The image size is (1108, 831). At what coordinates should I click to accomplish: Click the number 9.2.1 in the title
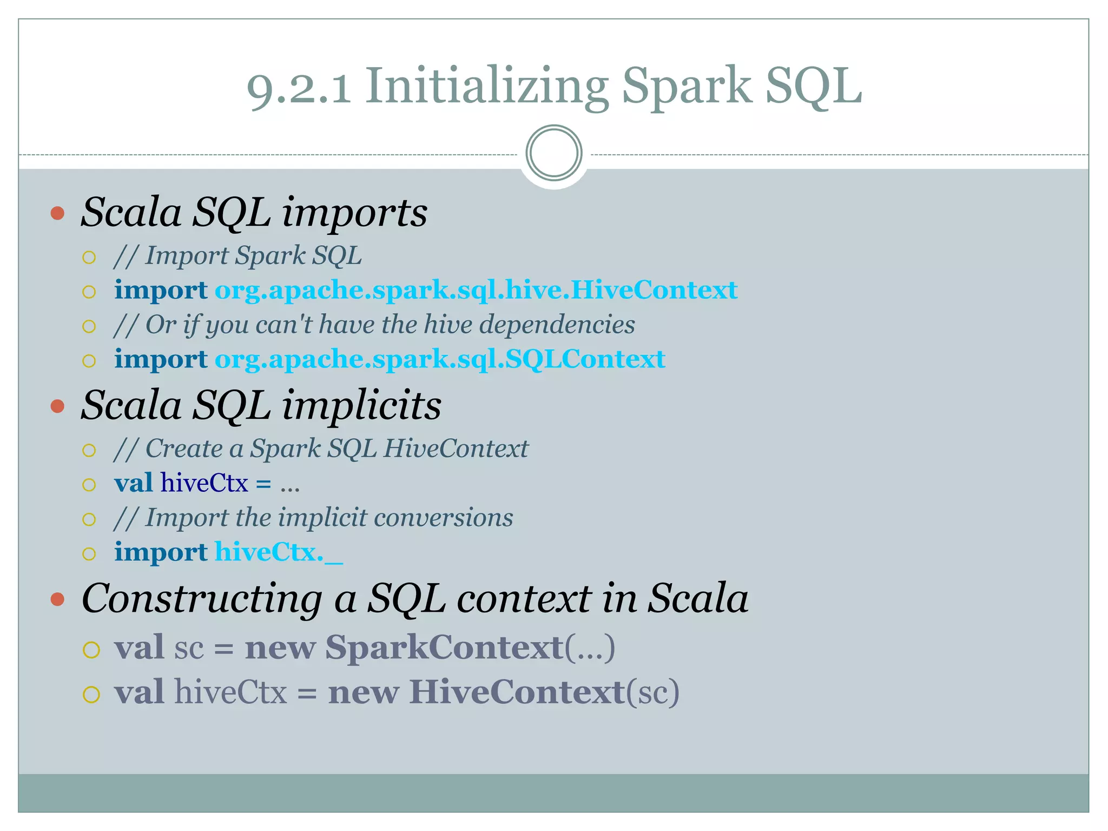tap(299, 87)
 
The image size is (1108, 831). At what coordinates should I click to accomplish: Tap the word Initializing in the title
tap(486, 87)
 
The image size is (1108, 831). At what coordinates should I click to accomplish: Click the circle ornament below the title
tap(553, 153)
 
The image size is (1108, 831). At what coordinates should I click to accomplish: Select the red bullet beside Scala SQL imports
tap(57, 213)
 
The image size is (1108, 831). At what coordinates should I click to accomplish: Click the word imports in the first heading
tap(354, 213)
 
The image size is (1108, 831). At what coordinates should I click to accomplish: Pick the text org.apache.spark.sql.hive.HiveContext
tap(476, 290)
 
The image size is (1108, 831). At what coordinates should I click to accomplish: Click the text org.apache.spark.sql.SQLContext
tap(440, 359)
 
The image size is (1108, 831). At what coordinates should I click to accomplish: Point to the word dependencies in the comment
tap(557, 325)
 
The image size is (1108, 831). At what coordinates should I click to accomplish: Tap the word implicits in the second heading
tap(361, 406)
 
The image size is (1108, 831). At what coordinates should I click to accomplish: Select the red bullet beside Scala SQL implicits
tap(57, 406)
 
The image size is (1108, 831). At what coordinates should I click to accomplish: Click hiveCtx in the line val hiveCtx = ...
tap(204, 483)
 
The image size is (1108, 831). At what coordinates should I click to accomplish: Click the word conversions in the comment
tap(443, 518)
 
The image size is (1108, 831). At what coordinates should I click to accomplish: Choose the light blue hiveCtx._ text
tap(279, 552)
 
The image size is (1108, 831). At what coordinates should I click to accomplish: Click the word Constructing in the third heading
tap(202, 599)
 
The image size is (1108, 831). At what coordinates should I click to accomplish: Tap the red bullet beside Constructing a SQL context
tap(57, 599)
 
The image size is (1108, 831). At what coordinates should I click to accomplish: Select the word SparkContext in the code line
tap(444, 647)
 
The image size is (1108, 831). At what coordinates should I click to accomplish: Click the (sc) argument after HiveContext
tap(652, 692)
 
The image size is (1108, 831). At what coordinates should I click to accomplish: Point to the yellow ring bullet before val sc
tap(91, 649)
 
